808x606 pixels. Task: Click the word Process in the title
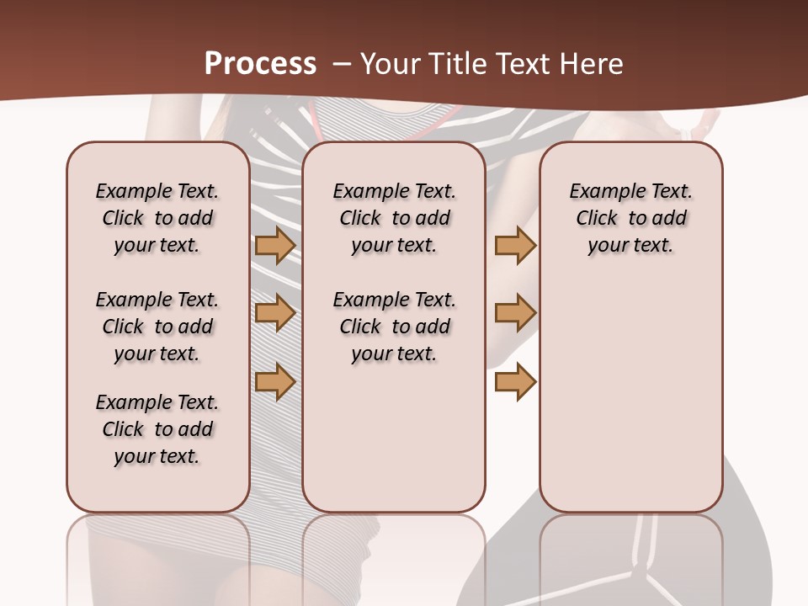260,64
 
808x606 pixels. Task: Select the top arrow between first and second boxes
275,246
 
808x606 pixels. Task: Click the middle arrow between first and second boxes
275,313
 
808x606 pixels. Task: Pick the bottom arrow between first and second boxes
275,381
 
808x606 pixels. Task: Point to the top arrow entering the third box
515,246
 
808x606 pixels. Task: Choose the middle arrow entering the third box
515,313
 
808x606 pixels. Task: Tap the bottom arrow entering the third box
515,381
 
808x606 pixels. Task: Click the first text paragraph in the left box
157,218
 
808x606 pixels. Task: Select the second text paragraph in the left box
157,327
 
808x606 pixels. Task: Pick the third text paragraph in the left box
157,429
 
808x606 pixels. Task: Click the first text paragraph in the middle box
394,218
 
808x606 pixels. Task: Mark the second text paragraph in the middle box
394,327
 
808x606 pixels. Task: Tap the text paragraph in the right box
630,218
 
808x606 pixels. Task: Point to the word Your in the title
385,64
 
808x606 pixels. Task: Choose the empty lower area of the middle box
394,438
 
